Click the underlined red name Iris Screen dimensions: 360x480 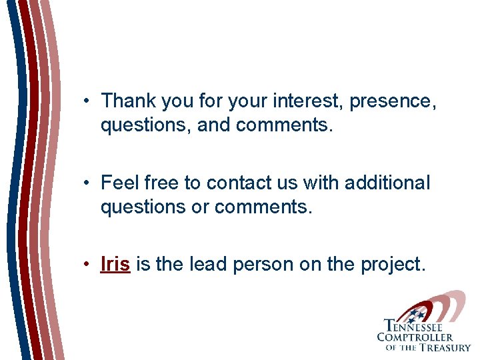click(x=115, y=264)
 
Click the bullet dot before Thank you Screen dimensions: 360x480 click(x=87, y=101)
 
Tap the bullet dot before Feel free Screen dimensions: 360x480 click(x=87, y=183)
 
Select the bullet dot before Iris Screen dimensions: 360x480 click(x=87, y=265)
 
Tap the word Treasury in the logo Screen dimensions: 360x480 click(x=445, y=347)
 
